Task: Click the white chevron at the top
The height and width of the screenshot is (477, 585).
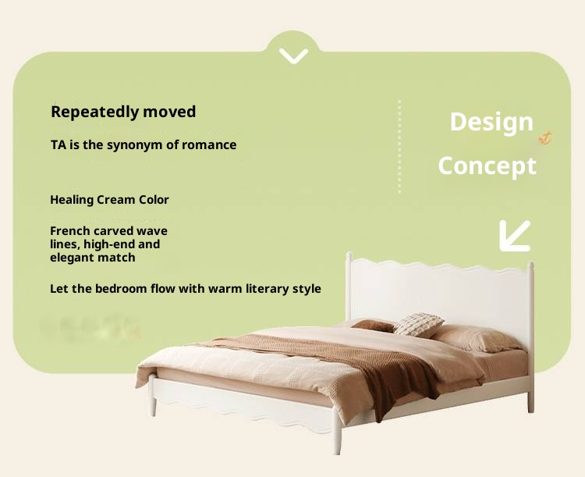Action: (293, 56)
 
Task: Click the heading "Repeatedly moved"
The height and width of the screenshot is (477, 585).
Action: (123, 112)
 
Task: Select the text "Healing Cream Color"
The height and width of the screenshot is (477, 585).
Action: (109, 199)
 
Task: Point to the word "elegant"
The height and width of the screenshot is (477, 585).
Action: (73, 258)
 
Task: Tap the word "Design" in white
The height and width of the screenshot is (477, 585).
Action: (491, 122)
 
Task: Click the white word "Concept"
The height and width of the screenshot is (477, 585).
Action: (487, 166)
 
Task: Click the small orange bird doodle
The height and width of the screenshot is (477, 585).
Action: (546, 139)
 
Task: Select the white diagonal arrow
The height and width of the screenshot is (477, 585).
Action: (514, 236)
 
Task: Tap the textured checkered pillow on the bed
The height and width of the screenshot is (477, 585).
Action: (419, 324)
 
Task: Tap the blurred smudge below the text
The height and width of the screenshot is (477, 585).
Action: (90, 326)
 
